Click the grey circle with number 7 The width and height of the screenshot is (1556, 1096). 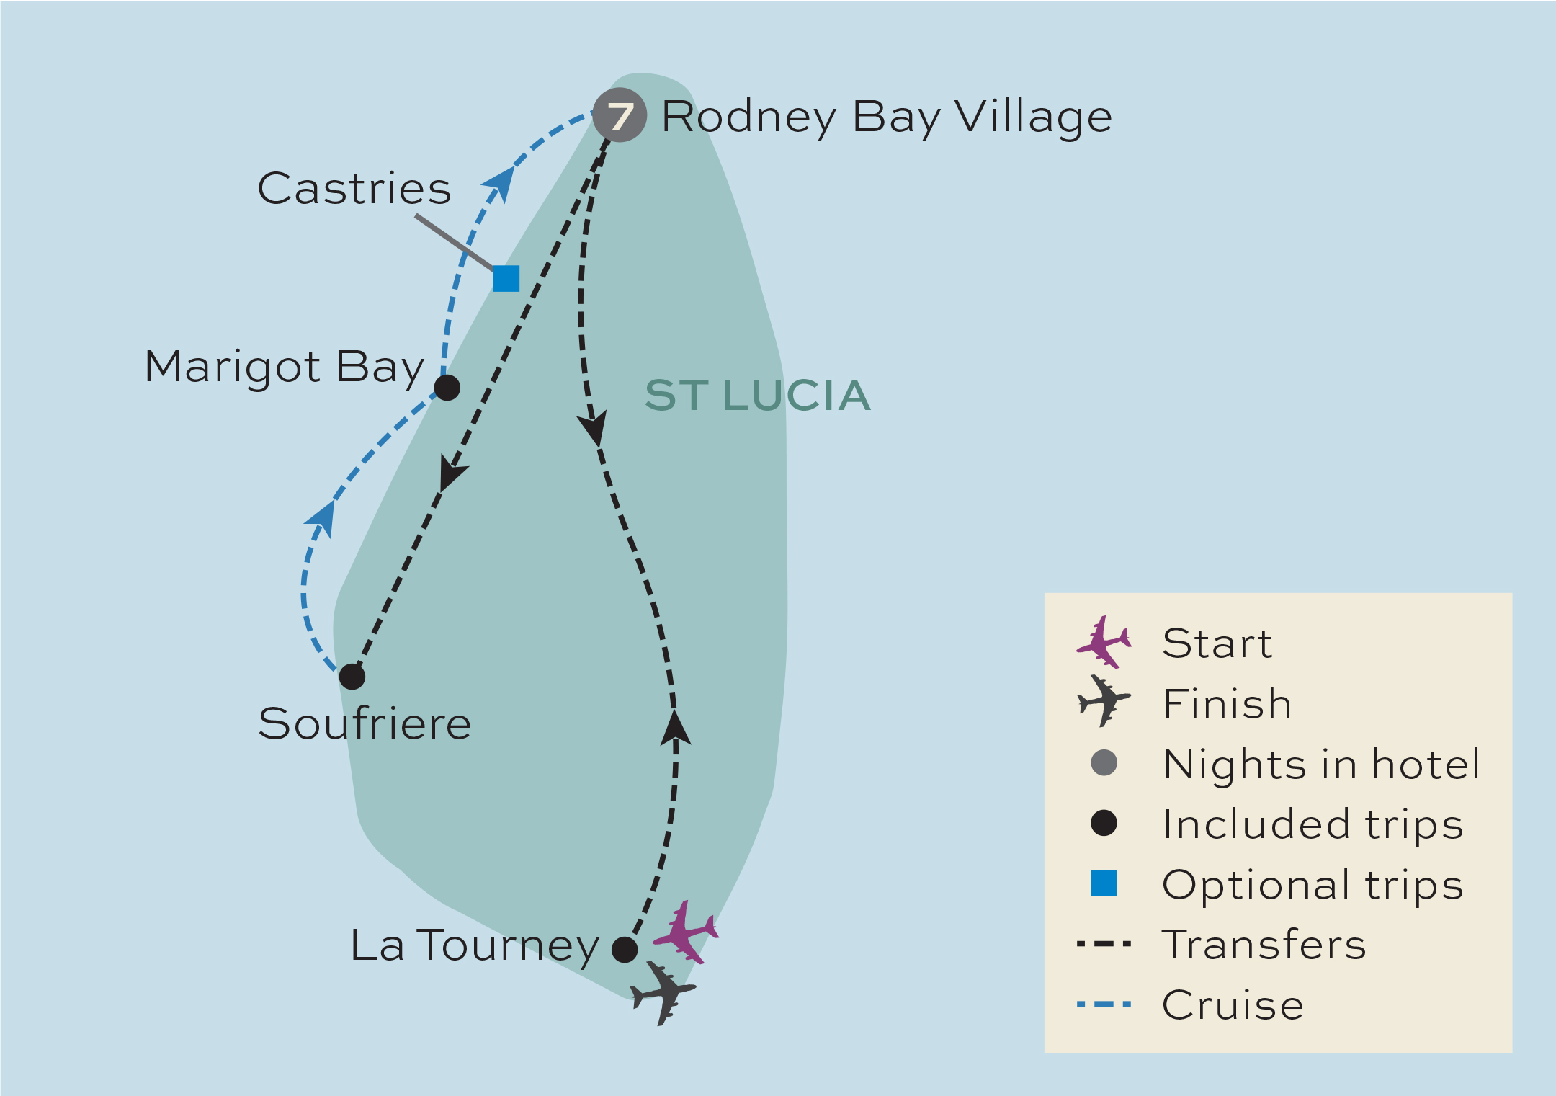tap(620, 115)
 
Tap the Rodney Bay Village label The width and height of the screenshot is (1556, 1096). tap(887, 117)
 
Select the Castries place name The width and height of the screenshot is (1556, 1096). tap(354, 189)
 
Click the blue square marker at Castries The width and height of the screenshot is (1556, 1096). tap(506, 278)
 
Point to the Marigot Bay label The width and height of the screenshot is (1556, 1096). tap(285, 367)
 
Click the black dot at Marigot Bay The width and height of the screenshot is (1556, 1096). tap(447, 388)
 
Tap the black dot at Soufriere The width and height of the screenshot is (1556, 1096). tap(352, 677)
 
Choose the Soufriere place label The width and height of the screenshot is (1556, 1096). tap(365, 723)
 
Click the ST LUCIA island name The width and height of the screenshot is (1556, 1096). tap(757, 396)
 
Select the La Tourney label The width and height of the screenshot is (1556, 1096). tap(474, 945)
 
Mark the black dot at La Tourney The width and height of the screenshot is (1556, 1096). tap(625, 949)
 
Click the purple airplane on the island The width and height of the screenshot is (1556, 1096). tap(686, 932)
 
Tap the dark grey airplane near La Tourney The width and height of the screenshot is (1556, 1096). tap(663, 993)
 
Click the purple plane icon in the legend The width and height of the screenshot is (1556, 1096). tap(1104, 641)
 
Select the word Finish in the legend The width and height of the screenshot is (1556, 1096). tap(1227, 704)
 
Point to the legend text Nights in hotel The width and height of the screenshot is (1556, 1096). tap(1321, 764)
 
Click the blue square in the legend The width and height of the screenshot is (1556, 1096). tap(1104, 883)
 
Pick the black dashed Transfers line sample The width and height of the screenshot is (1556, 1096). tap(1104, 943)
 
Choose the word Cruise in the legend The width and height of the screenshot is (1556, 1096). tap(1233, 1004)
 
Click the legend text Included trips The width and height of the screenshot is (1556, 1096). tap(1313, 824)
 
